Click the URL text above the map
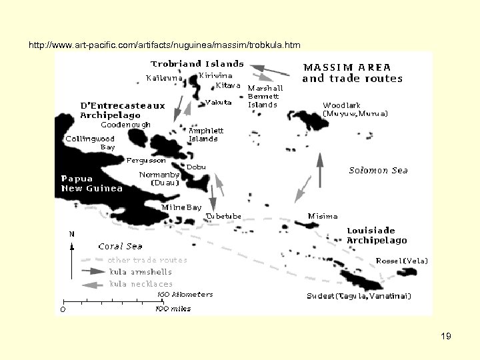coord(165,45)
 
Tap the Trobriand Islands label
coord(197,64)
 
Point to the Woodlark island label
coord(355,109)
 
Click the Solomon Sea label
coord(378,170)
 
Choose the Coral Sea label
coord(120,247)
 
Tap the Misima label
coord(323,216)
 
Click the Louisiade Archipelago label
coord(377,235)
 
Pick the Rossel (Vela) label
coord(402,261)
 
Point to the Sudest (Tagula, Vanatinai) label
coord(359,296)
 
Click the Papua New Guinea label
coord(92,183)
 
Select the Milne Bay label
coord(181,207)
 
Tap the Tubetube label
coord(224,217)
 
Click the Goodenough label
coord(125,125)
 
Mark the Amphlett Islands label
coord(206,135)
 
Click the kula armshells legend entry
coord(140,272)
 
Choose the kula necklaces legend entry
coord(141,284)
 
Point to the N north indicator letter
coord(71,234)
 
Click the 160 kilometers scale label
coord(185,294)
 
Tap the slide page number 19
coord(446,337)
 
